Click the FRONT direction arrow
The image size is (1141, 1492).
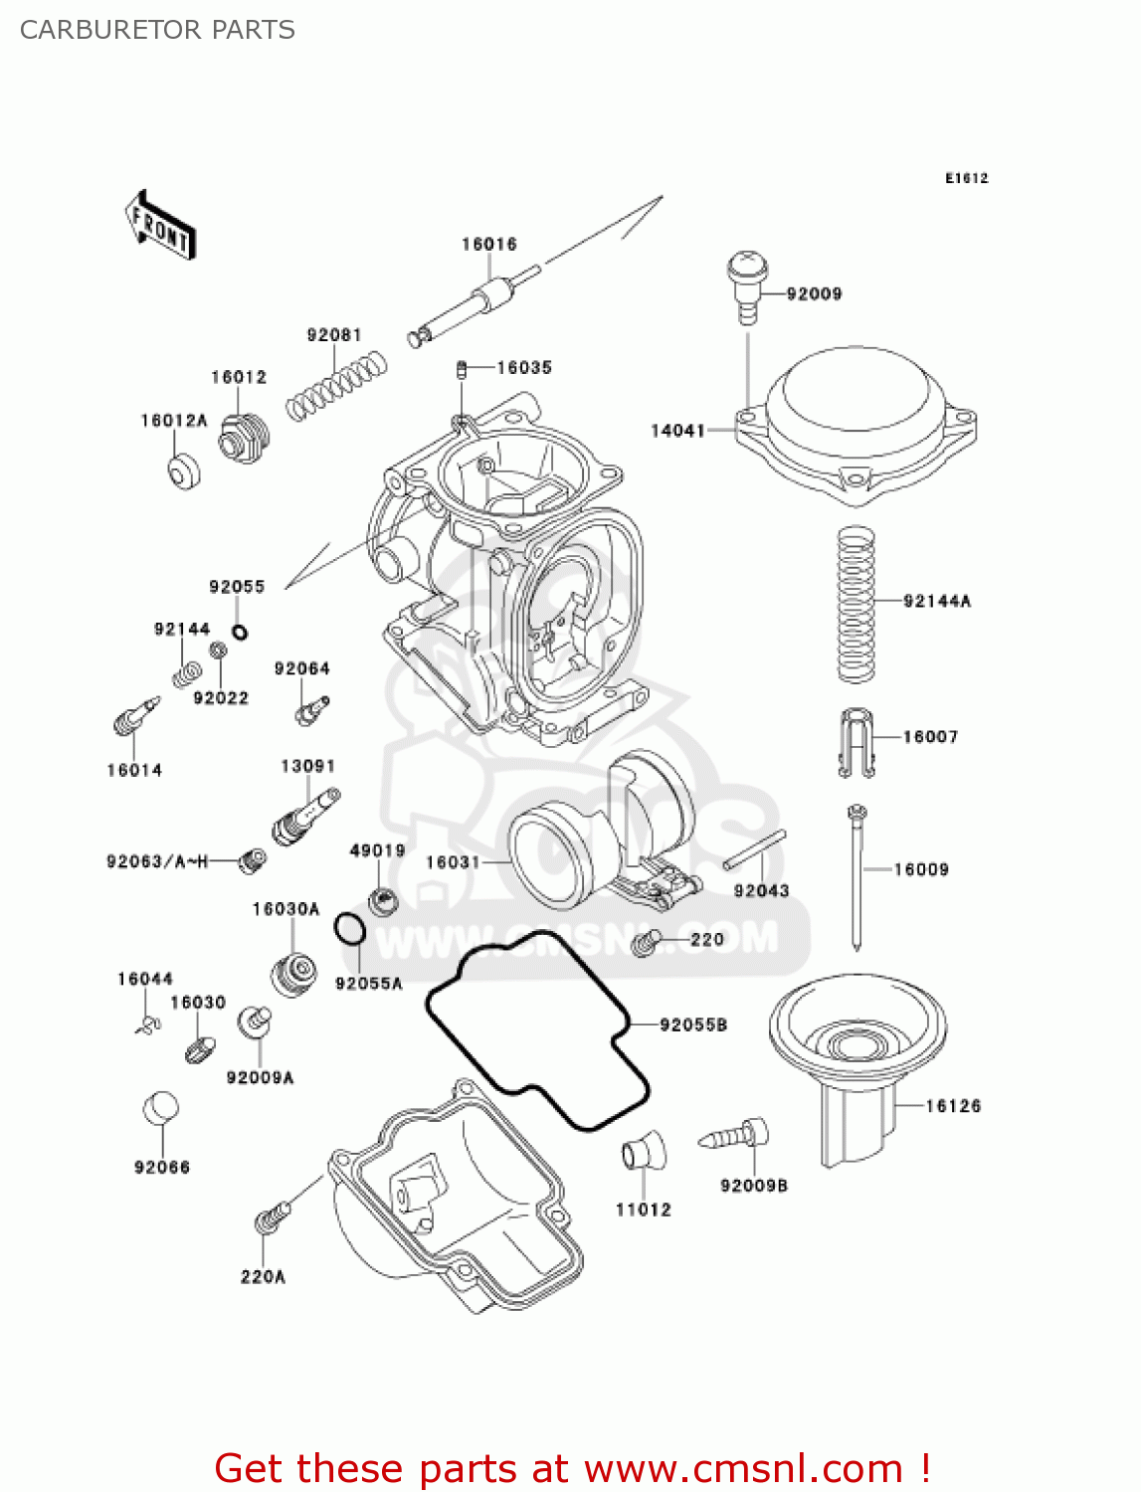[160, 226]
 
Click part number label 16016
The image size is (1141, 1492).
[488, 245]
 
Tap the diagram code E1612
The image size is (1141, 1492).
[966, 178]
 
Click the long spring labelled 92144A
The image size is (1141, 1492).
[856, 605]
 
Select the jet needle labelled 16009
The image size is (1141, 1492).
[856, 875]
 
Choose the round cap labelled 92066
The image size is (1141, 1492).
[161, 1108]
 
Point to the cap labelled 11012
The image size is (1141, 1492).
[644, 1151]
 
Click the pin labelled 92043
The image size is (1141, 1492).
[755, 848]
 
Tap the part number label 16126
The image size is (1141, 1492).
[952, 1106]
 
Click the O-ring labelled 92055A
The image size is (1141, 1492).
[349, 930]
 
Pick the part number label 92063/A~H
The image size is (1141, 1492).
[157, 861]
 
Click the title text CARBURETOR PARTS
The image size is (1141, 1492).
[157, 30]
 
